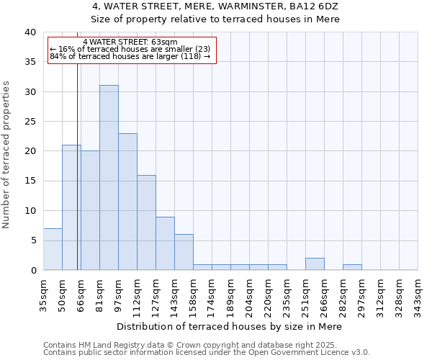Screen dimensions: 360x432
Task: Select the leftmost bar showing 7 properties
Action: pos(53,249)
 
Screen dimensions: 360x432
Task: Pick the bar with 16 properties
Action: pos(146,222)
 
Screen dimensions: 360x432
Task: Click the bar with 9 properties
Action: pos(165,243)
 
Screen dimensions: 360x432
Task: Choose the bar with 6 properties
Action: pos(184,252)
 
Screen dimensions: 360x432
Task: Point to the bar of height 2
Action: pos(315,264)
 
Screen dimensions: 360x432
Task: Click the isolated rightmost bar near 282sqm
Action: pos(352,267)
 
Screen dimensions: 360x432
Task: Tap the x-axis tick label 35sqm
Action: pos(44,295)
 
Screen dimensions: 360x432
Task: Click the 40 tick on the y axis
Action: pos(30,32)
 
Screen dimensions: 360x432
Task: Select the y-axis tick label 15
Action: pos(30,181)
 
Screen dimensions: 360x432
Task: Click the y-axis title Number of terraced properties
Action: pos(7,155)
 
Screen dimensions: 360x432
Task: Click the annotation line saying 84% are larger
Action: pos(130,56)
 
